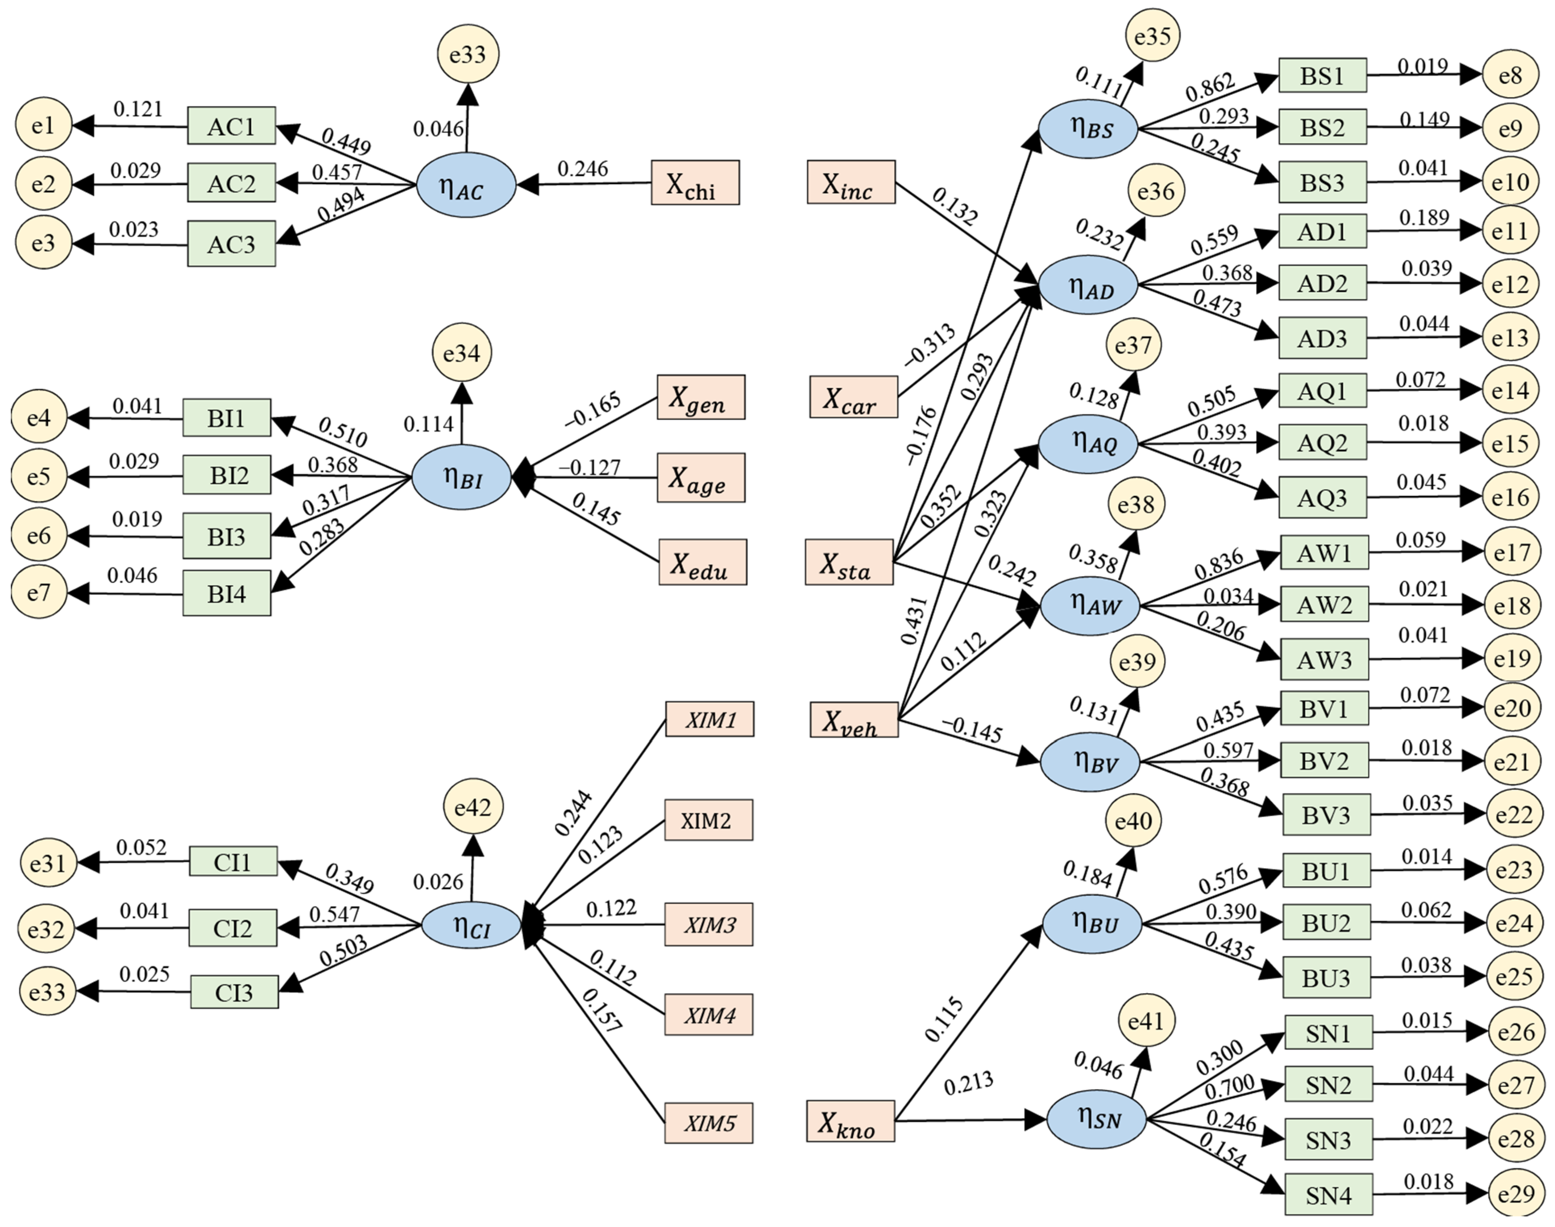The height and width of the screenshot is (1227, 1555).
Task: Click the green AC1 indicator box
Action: [231, 126]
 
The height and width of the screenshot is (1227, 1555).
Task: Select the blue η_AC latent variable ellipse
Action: [466, 185]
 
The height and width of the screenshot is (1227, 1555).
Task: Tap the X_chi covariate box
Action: [694, 183]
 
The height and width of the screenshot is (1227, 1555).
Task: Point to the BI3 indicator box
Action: [226, 536]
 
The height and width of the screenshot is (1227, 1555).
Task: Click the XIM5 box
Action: [709, 1123]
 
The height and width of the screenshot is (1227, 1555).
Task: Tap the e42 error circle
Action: [473, 808]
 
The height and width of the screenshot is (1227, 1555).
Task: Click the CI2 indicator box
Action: [233, 928]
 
